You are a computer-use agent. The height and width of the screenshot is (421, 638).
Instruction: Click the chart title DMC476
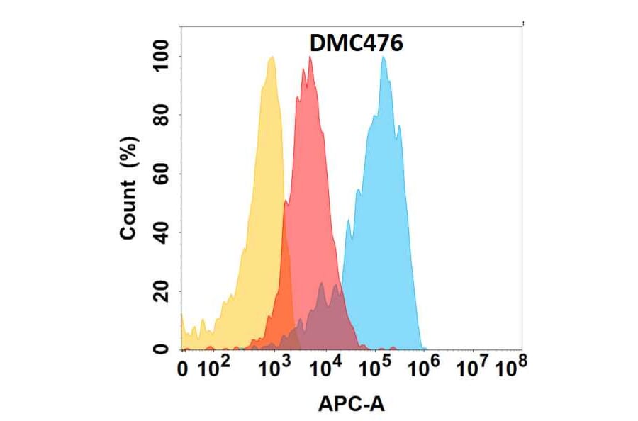[357, 44]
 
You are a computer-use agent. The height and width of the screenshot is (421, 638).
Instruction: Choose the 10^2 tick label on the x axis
[213, 368]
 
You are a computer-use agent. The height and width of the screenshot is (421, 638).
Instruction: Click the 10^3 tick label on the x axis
[274, 368]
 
